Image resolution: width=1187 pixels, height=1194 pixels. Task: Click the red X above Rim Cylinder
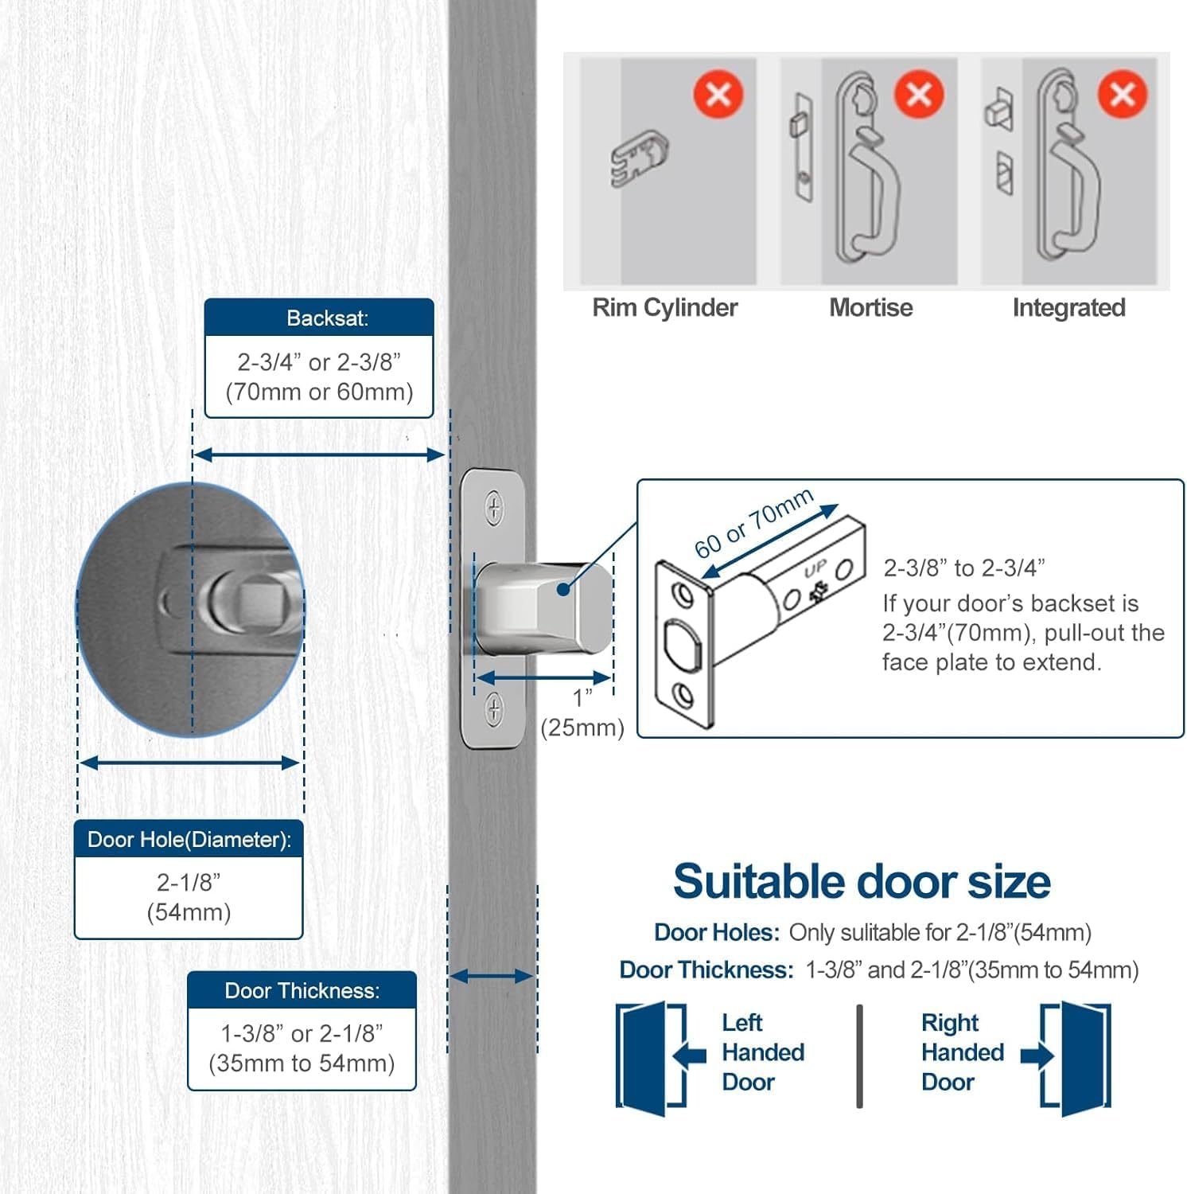click(718, 95)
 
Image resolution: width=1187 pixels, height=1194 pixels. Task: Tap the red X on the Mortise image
click(919, 95)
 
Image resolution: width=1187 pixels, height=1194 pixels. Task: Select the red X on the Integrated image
click(1122, 95)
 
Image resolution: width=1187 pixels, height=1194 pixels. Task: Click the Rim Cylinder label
click(664, 308)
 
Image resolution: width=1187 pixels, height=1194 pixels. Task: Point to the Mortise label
click(870, 308)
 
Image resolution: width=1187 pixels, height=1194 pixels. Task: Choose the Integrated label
click(1068, 308)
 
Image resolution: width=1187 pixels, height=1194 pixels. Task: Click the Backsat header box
click(319, 318)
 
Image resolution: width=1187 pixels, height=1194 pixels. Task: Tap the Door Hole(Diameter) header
click(189, 840)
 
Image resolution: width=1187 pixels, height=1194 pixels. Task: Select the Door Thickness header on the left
click(302, 991)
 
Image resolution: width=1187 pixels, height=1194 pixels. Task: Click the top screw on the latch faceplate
click(494, 507)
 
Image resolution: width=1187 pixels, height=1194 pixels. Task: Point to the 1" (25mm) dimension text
click(582, 713)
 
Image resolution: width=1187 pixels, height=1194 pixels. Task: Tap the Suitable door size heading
click(861, 882)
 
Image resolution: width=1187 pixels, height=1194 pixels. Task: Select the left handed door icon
click(650, 1057)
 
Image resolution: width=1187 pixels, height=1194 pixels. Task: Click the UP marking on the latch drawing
click(815, 569)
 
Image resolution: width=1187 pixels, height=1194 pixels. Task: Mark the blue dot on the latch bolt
click(563, 590)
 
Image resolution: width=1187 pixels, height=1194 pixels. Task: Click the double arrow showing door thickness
click(492, 977)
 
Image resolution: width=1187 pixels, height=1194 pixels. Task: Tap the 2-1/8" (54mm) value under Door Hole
click(189, 897)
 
